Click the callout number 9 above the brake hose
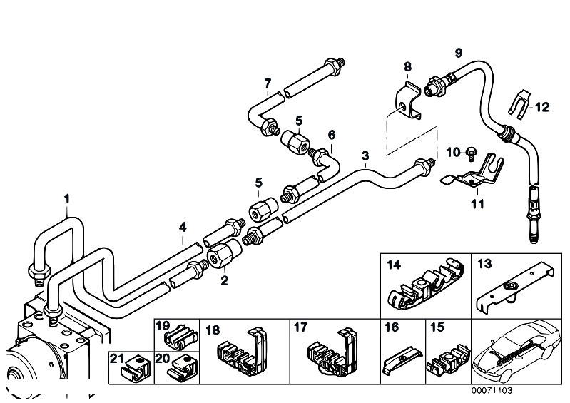point(459,53)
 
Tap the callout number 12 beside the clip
point(542,107)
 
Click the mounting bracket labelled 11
point(472,175)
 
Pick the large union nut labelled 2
point(224,254)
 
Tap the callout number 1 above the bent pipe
point(67,199)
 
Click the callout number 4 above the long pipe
point(183,228)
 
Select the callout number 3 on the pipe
point(365,155)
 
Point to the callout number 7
point(268,84)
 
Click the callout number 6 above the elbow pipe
point(332,135)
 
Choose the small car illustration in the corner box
point(516,352)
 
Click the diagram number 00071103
point(492,391)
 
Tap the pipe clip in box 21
point(134,369)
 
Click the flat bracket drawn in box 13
point(515,289)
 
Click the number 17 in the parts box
point(300,327)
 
